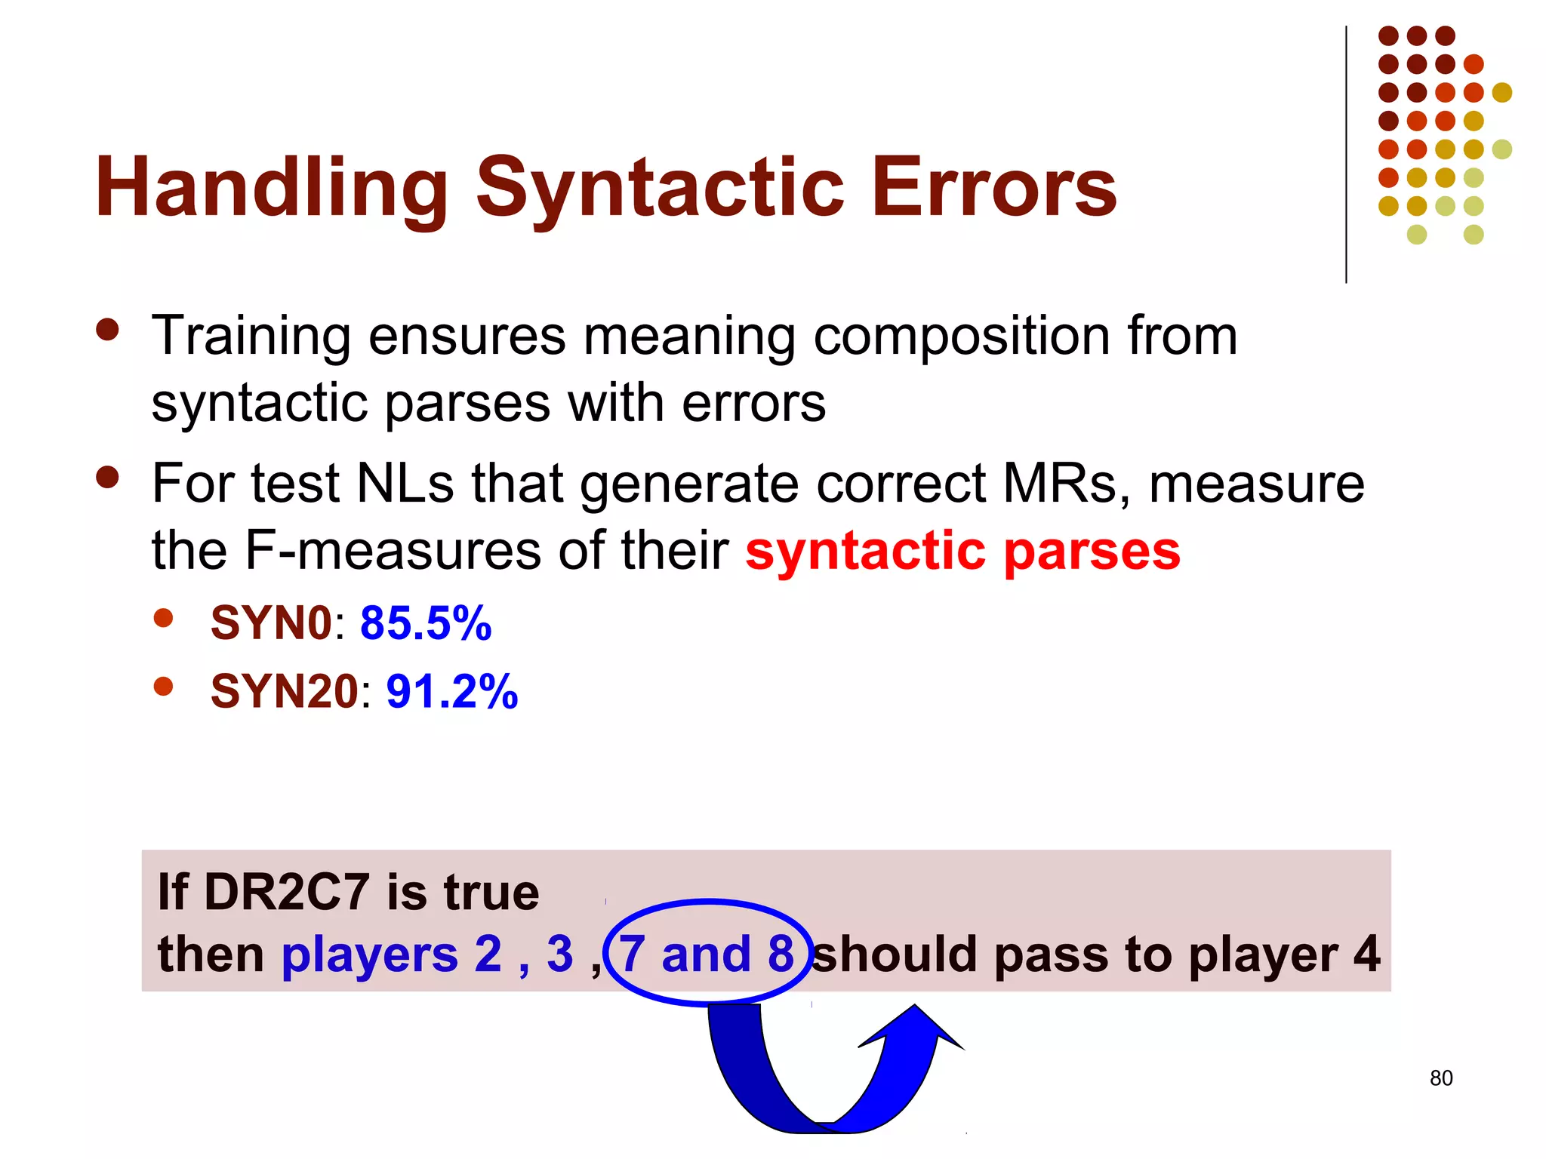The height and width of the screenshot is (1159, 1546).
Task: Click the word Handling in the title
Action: (x=272, y=187)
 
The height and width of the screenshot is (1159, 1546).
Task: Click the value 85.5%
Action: (x=426, y=623)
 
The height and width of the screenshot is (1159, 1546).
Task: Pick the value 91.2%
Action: (x=451, y=691)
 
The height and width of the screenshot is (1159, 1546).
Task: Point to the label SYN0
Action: (x=271, y=623)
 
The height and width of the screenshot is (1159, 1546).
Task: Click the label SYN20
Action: (x=284, y=691)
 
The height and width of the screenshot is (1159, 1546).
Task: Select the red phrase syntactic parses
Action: (x=962, y=551)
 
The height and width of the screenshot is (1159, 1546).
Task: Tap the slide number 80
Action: (x=1440, y=1078)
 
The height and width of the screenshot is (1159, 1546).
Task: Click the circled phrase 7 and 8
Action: (x=707, y=954)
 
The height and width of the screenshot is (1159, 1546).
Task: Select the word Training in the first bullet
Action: (x=251, y=336)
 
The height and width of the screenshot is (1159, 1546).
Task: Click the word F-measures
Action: (x=393, y=551)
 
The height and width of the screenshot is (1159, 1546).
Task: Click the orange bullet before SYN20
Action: (x=163, y=687)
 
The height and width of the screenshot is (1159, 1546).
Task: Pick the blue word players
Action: (x=369, y=955)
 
